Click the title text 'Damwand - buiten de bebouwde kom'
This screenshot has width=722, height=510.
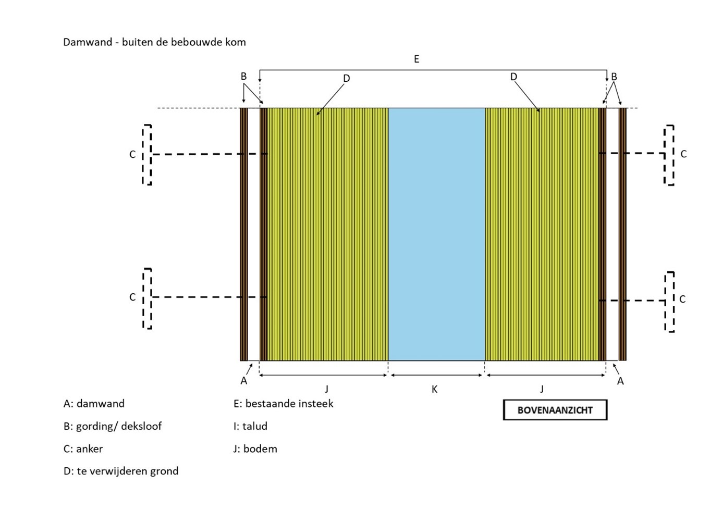tap(154, 42)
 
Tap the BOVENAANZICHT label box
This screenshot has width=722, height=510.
tap(555, 410)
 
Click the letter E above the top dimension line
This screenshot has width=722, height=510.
tap(417, 59)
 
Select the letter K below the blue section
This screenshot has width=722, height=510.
tap(434, 389)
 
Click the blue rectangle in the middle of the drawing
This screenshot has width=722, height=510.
tap(436, 234)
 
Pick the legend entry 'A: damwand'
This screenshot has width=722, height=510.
tap(94, 404)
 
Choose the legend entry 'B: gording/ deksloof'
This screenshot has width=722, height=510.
tap(112, 426)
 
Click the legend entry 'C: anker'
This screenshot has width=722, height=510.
tap(83, 449)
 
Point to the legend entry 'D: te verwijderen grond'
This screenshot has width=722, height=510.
tap(121, 471)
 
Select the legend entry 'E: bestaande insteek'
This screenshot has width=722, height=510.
tap(283, 404)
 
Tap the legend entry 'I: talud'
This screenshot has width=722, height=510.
tap(250, 426)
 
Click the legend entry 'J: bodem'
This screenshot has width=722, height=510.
tap(255, 449)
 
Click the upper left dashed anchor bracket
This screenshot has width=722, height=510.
tap(147, 154)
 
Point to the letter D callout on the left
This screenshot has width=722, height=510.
tap(346, 79)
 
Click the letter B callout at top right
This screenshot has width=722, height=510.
tap(614, 77)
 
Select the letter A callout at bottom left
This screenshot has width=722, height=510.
tap(243, 381)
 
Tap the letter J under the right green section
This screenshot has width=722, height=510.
tap(542, 389)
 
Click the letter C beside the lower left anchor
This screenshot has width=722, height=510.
tap(132, 297)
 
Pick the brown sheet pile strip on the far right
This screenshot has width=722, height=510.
tap(622, 234)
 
